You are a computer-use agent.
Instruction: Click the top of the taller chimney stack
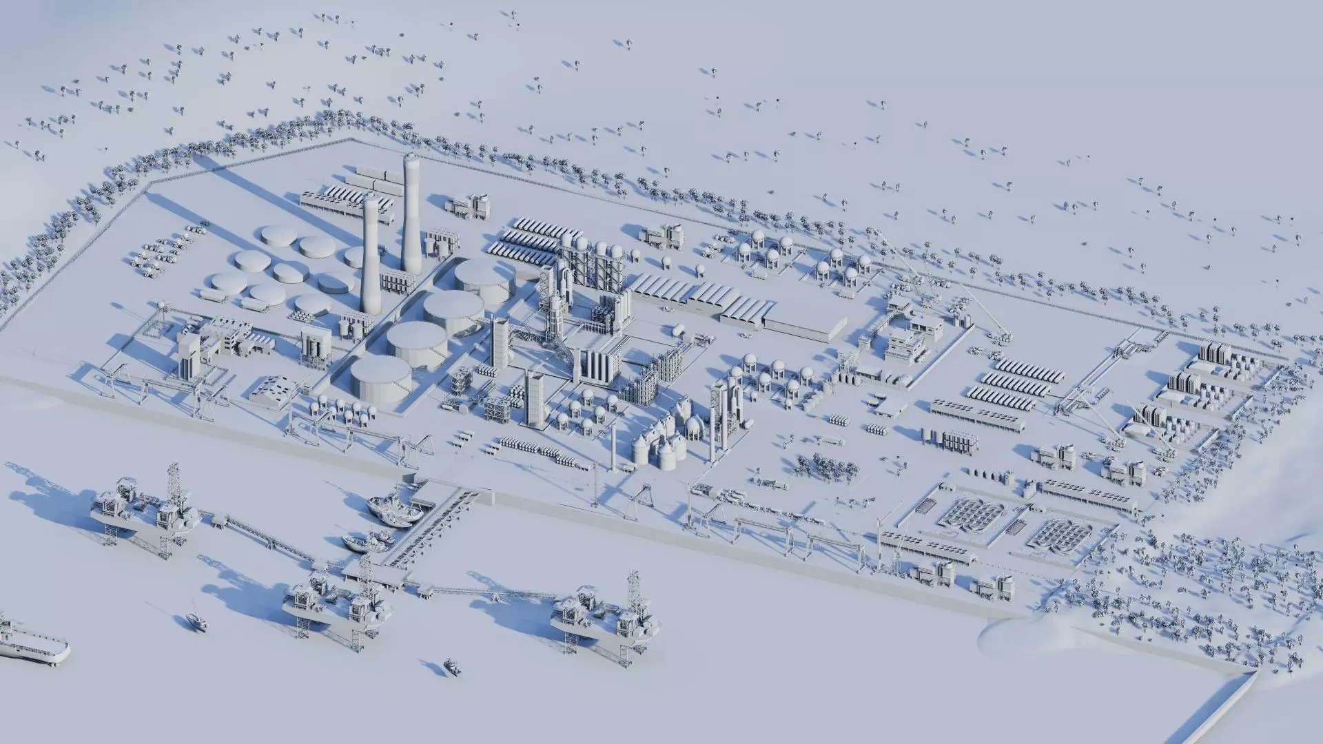point(411,158)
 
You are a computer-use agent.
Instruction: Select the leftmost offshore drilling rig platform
point(141,510)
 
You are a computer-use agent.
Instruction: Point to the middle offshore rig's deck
point(331,606)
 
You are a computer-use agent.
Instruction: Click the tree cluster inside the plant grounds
point(827,466)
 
